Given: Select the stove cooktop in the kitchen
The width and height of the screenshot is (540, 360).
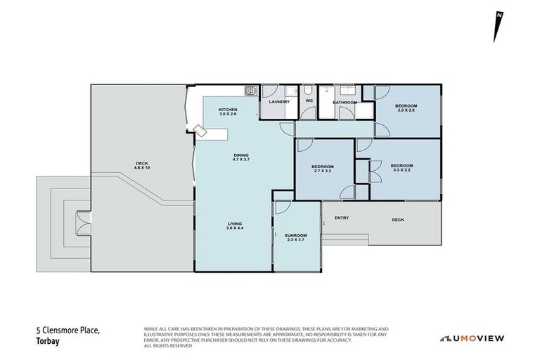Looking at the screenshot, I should pyautogui.click(x=250, y=90).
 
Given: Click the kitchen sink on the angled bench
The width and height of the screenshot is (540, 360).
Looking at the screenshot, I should pyautogui.click(x=202, y=131).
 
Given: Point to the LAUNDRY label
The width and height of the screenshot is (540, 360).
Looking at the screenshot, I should pyautogui.click(x=279, y=103).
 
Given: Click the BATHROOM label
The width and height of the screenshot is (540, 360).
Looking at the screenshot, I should pyautogui.click(x=345, y=103).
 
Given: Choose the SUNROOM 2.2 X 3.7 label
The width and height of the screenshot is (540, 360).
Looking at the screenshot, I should pyautogui.click(x=295, y=238).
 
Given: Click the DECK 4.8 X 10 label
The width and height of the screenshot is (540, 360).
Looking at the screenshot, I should pyautogui.click(x=143, y=167).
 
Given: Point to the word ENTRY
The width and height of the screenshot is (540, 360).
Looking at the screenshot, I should pyautogui.click(x=342, y=217).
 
